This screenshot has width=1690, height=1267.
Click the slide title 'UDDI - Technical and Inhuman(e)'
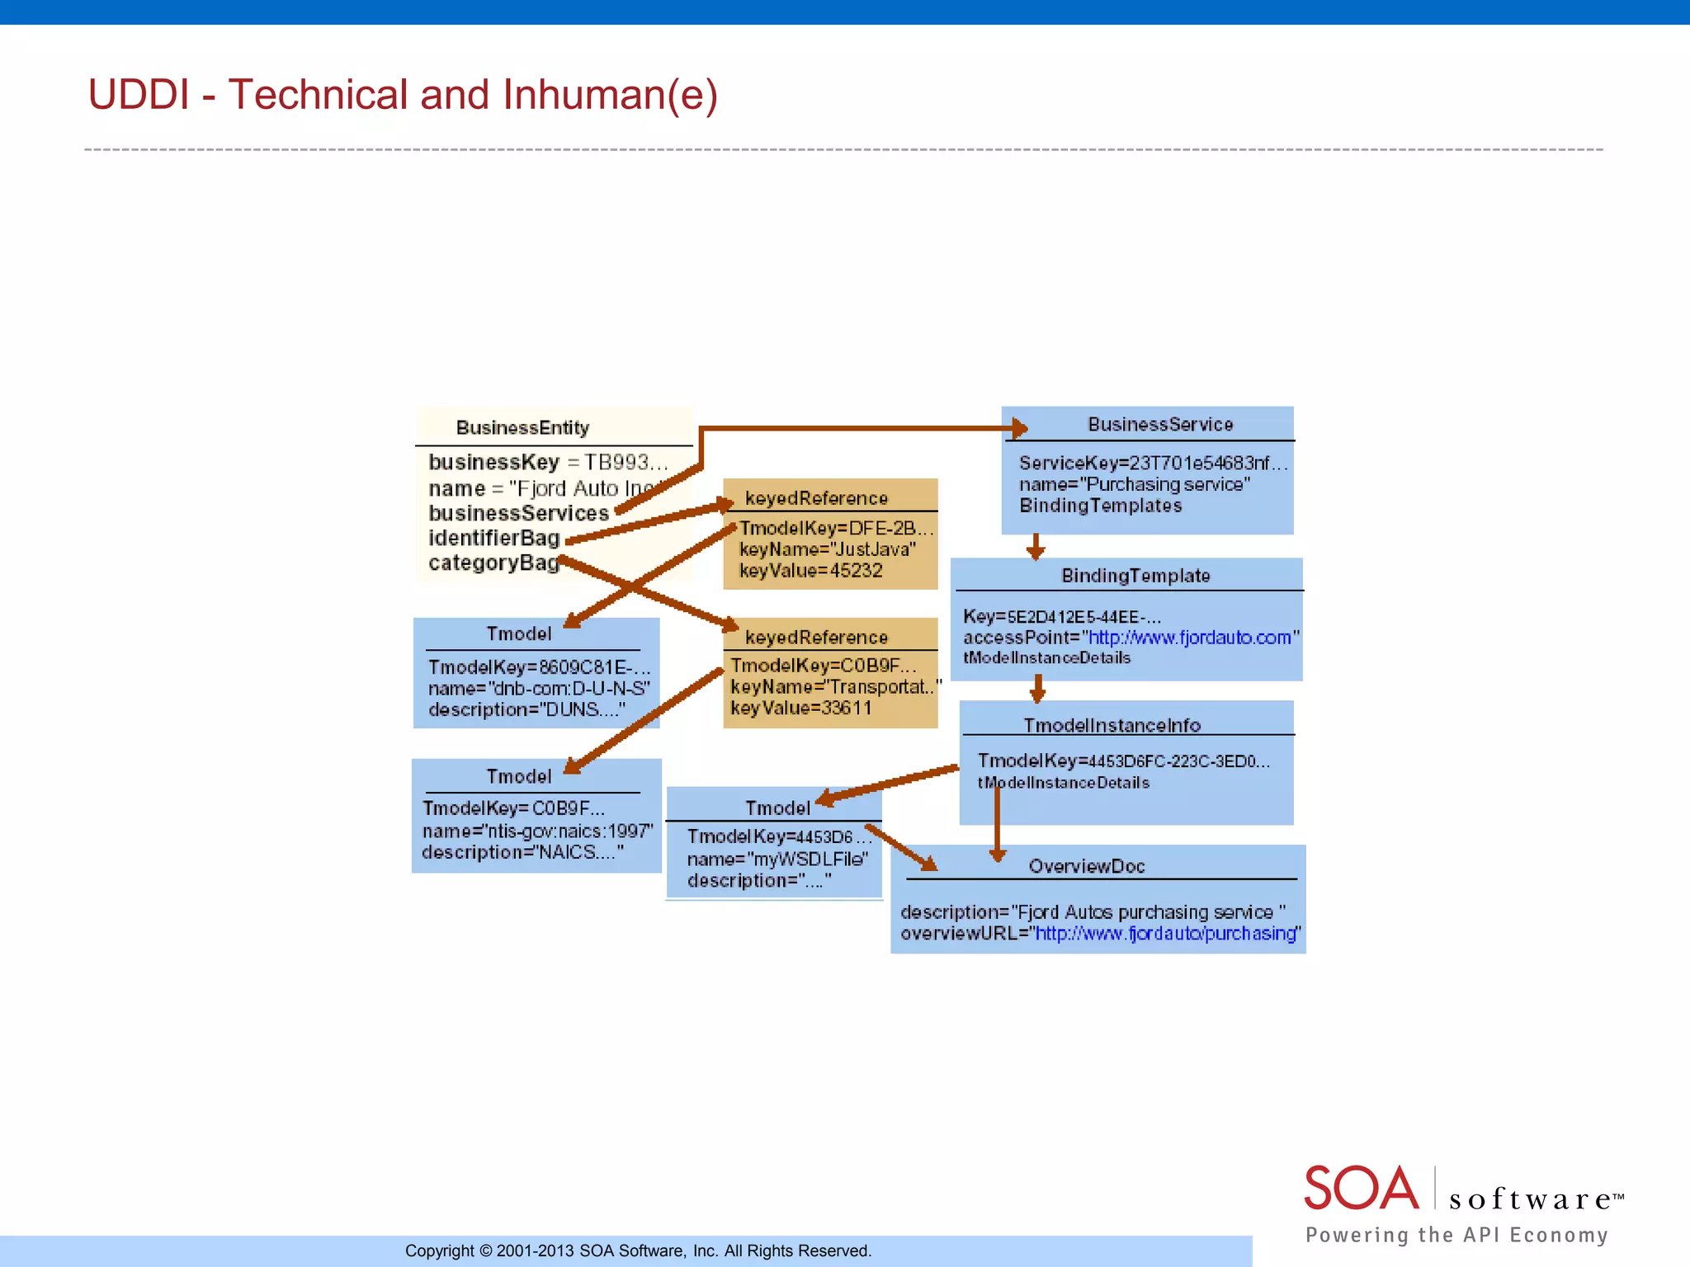[x=403, y=95]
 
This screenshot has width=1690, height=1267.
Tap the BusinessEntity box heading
[x=522, y=427]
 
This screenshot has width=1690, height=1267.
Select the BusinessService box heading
[x=1159, y=424]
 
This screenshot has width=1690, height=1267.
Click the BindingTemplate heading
[x=1135, y=576]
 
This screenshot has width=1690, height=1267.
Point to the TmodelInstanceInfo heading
[x=1112, y=725]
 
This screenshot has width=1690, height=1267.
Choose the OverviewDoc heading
[x=1087, y=866]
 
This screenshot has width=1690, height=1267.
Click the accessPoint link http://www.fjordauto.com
[x=1189, y=638]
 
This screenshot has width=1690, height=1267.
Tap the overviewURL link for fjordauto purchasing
[x=1166, y=933]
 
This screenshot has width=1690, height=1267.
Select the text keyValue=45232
[x=811, y=571]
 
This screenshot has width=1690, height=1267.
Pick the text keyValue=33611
[x=801, y=708]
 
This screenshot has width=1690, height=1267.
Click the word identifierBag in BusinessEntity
[x=493, y=538]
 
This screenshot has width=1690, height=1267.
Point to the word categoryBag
[x=493, y=563]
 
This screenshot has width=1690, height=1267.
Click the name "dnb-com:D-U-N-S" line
[x=539, y=688]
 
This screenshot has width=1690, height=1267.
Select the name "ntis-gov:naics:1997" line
[x=537, y=831]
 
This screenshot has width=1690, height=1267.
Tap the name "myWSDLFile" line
[x=777, y=859]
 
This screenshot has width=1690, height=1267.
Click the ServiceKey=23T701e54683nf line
[x=1152, y=463]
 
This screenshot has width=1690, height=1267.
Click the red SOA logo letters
[x=1361, y=1188]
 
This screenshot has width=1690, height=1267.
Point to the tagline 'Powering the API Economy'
[x=1456, y=1235]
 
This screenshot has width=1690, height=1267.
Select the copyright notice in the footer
[x=638, y=1251]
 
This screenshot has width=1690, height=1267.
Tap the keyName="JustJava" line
[x=827, y=549]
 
